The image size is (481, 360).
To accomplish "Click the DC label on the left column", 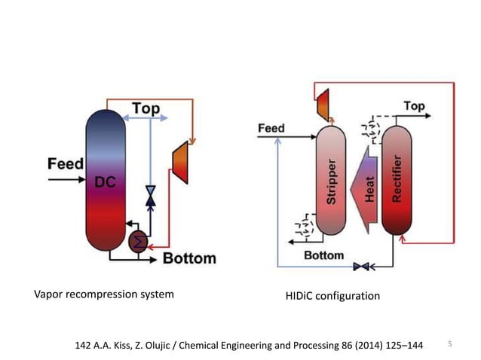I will click(x=105, y=182).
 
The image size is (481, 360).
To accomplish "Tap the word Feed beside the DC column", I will click(x=66, y=163).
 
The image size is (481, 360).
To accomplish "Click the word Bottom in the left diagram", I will click(x=189, y=259).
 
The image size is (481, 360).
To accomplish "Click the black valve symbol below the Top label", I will click(x=150, y=195).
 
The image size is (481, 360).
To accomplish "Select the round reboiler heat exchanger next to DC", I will click(x=139, y=241).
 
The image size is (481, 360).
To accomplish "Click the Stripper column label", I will click(x=331, y=181).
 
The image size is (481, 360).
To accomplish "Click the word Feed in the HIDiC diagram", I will click(x=271, y=128).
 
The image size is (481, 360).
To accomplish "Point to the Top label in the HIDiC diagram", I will click(x=414, y=107).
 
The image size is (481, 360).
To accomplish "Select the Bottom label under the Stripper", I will click(x=323, y=255).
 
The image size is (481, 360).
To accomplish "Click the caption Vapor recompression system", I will click(x=104, y=294).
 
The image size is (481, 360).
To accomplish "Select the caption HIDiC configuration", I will click(x=332, y=296).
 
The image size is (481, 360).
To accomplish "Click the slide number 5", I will click(x=450, y=344).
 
